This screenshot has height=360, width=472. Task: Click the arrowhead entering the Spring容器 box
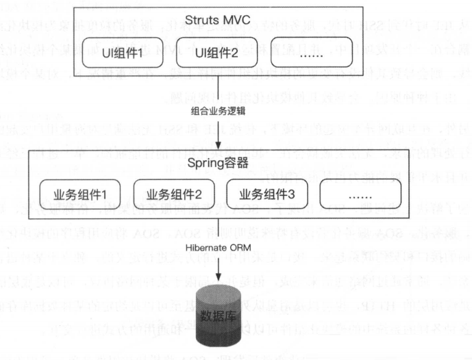(x=218, y=147)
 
